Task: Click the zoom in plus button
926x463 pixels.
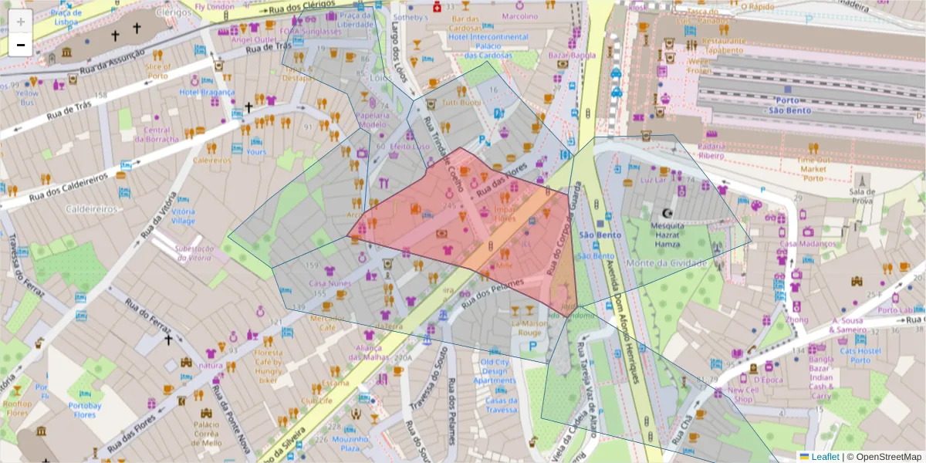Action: [x=21, y=22]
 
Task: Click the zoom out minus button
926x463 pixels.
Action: [x=21, y=45]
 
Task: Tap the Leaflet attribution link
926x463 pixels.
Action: [x=825, y=457]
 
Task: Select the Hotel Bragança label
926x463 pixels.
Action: [x=207, y=92]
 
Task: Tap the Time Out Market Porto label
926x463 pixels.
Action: [x=813, y=168]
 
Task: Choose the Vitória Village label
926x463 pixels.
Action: [x=183, y=216]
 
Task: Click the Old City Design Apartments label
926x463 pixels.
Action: [x=494, y=371]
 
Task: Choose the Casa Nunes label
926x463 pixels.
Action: [x=330, y=283]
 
